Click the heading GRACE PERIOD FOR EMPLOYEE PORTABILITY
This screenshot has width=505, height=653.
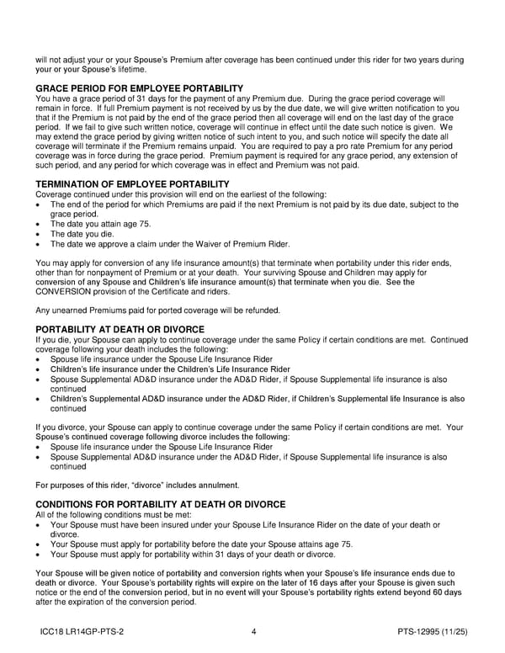pyautogui.click(x=139, y=88)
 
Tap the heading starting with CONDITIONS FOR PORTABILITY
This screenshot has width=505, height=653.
pyautogui.click(x=161, y=504)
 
